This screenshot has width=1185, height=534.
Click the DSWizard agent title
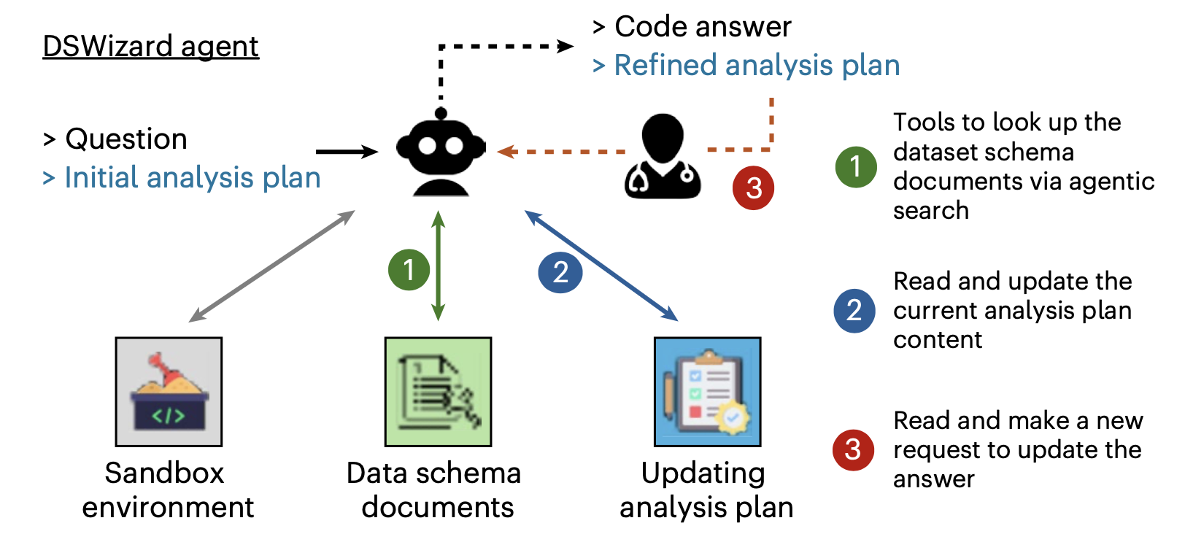150,46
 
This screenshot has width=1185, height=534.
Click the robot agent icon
441,153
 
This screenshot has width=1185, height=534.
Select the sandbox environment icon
169,392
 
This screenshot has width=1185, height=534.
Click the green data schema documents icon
438,392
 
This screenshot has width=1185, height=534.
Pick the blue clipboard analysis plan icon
707,392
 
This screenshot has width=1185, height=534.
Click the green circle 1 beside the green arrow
409,270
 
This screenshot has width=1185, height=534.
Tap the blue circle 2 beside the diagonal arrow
560,272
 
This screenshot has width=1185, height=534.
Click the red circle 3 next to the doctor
753,188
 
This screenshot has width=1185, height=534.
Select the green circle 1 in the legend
855,167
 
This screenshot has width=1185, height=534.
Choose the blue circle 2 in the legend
854,311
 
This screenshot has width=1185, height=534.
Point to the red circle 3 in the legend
853,449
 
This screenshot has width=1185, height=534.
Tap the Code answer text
702,27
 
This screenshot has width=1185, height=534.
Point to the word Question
126,139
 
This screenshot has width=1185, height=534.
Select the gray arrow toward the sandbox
272,266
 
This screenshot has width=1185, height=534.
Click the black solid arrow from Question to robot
347,152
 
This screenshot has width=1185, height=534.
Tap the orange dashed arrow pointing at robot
562,152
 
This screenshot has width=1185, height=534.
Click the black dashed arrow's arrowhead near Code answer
566,47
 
